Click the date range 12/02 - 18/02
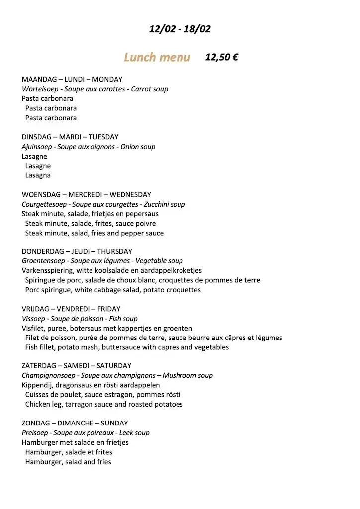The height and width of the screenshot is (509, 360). (x=180, y=29)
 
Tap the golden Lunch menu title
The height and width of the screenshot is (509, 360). (x=157, y=58)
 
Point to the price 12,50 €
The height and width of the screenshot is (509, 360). (x=221, y=57)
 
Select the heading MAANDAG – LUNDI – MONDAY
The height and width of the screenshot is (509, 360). (x=72, y=79)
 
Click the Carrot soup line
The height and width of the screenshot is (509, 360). (x=95, y=89)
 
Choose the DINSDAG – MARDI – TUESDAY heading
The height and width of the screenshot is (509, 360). (x=70, y=137)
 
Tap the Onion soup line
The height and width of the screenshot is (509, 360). (x=89, y=147)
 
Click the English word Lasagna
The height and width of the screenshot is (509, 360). (x=38, y=175)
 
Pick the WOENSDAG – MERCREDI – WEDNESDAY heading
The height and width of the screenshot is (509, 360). (x=86, y=194)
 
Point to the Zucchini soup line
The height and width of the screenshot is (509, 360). (x=103, y=204)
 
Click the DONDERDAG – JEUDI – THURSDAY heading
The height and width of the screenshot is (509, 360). (x=77, y=251)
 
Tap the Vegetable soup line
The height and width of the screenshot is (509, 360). (x=102, y=261)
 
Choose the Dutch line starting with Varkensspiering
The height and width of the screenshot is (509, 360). (x=112, y=270)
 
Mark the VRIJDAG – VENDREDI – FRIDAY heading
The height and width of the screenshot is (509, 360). (x=71, y=309)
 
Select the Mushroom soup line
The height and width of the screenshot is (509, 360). (x=117, y=375)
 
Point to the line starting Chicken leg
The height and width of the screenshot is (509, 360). (x=104, y=404)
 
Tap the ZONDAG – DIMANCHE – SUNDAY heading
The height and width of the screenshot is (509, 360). (x=75, y=423)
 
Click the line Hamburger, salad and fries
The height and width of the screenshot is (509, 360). (x=68, y=462)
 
